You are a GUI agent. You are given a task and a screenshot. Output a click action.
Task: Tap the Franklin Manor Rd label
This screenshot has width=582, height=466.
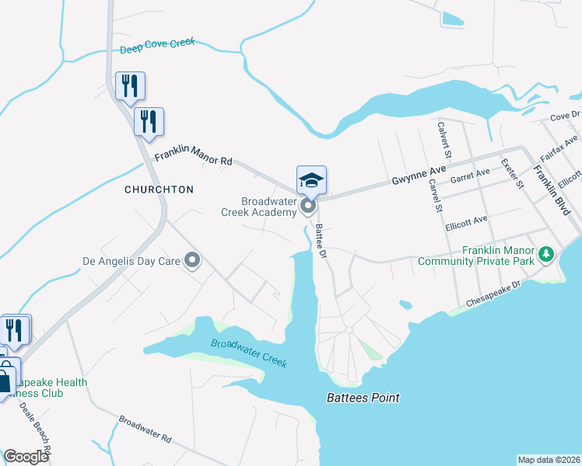coord(193,159)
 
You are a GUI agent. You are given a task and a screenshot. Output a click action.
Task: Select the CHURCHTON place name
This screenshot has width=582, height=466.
coord(159,190)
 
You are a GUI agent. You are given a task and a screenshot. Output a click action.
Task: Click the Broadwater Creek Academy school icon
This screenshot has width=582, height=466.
coord(311,181)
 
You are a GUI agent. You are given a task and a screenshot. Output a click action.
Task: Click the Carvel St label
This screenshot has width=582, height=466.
coord(435,196)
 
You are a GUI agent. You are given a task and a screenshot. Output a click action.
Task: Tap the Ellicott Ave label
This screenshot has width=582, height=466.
coord(466,224)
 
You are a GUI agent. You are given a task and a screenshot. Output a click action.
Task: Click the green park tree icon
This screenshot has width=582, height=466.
coord(547,254)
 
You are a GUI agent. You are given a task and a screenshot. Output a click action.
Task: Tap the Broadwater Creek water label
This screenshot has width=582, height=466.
coord(249,353)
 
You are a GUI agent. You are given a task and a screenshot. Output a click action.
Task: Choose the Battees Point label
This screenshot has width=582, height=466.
coord(362,398)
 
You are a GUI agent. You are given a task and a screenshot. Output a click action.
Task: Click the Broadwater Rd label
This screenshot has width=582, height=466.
coord(145,429)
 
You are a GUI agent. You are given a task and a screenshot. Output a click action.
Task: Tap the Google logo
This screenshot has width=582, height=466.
coord(26,457)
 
